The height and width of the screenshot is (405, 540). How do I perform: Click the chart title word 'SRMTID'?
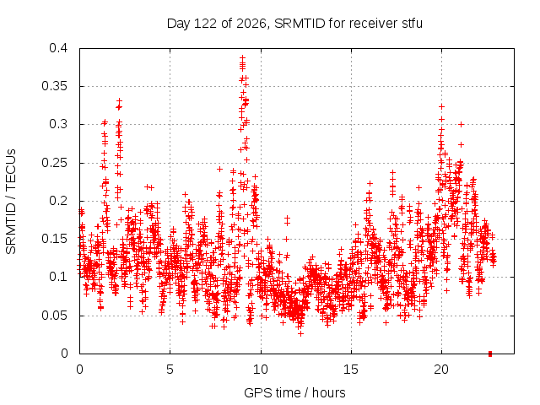pyautogui.click(x=300, y=24)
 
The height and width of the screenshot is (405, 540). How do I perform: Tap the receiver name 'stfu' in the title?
pyautogui.click(x=412, y=24)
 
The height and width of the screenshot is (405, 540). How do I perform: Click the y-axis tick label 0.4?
pyautogui.click(x=58, y=48)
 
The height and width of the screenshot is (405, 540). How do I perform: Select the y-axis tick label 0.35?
pyautogui.click(x=54, y=86)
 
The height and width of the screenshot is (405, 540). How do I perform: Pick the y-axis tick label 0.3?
pyautogui.click(x=58, y=124)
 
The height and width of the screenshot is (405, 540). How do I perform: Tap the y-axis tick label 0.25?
pyautogui.click(x=54, y=163)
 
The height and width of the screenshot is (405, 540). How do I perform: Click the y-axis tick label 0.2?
pyautogui.click(x=58, y=201)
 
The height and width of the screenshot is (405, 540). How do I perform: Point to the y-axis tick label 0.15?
pyautogui.click(x=54, y=239)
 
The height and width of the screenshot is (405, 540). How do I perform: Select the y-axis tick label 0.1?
pyautogui.click(x=58, y=277)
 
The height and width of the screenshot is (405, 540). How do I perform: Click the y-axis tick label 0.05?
pyautogui.click(x=54, y=316)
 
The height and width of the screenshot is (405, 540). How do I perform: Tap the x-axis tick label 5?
pyautogui.click(x=170, y=370)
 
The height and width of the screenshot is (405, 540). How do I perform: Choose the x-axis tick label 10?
pyautogui.click(x=261, y=370)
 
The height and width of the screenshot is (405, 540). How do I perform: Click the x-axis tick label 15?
pyautogui.click(x=351, y=370)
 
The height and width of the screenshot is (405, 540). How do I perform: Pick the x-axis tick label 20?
pyautogui.click(x=441, y=370)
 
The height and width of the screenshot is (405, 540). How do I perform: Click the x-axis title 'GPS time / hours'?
pyautogui.click(x=294, y=392)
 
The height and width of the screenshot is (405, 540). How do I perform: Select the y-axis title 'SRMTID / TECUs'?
pyautogui.click(x=11, y=202)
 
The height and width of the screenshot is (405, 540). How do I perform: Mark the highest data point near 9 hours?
pyautogui.click(x=243, y=57)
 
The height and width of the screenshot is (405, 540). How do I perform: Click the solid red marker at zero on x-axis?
pyautogui.click(x=490, y=354)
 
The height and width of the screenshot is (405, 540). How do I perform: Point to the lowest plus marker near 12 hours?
pyautogui.click(x=300, y=334)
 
